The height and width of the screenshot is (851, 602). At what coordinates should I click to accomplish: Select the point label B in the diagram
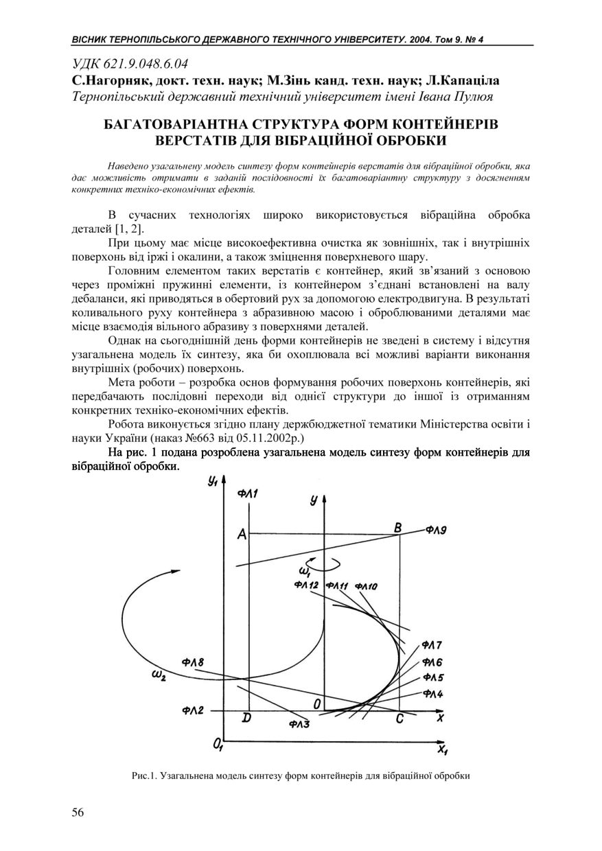tap(397, 527)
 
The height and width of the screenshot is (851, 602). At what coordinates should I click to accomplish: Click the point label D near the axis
tap(246, 719)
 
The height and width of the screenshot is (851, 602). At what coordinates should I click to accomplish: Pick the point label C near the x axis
tap(400, 719)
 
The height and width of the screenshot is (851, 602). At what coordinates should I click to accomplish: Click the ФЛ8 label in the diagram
tap(193, 662)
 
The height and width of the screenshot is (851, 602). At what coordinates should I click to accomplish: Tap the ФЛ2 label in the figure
tap(193, 710)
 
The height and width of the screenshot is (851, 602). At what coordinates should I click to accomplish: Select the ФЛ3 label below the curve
tap(299, 723)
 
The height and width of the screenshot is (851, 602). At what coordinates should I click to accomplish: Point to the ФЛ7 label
tap(432, 645)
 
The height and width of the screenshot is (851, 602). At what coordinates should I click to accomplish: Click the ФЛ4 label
tap(432, 694)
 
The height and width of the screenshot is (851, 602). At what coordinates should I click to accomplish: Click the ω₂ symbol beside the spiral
tap(158, 675)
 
